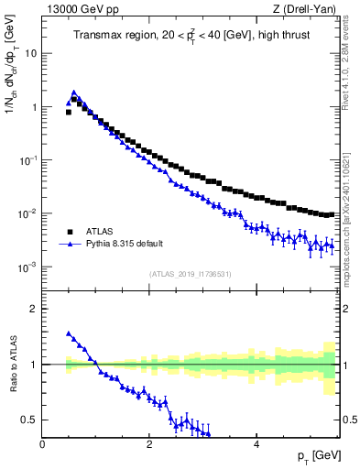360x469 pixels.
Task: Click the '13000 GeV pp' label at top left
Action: coord(72,10)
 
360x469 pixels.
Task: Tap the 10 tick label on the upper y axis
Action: coord(30,53)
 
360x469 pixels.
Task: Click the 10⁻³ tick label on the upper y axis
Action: coord(28,267)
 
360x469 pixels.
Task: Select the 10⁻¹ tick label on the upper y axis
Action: coord(28,160)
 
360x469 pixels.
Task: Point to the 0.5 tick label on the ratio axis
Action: coord(29,420)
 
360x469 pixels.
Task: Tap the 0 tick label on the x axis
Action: coord(42,444)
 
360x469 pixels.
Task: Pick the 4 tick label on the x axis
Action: coord(256,444)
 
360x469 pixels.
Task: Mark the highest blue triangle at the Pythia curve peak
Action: coord(73,93)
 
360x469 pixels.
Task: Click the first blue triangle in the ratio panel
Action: coord(69,333)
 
